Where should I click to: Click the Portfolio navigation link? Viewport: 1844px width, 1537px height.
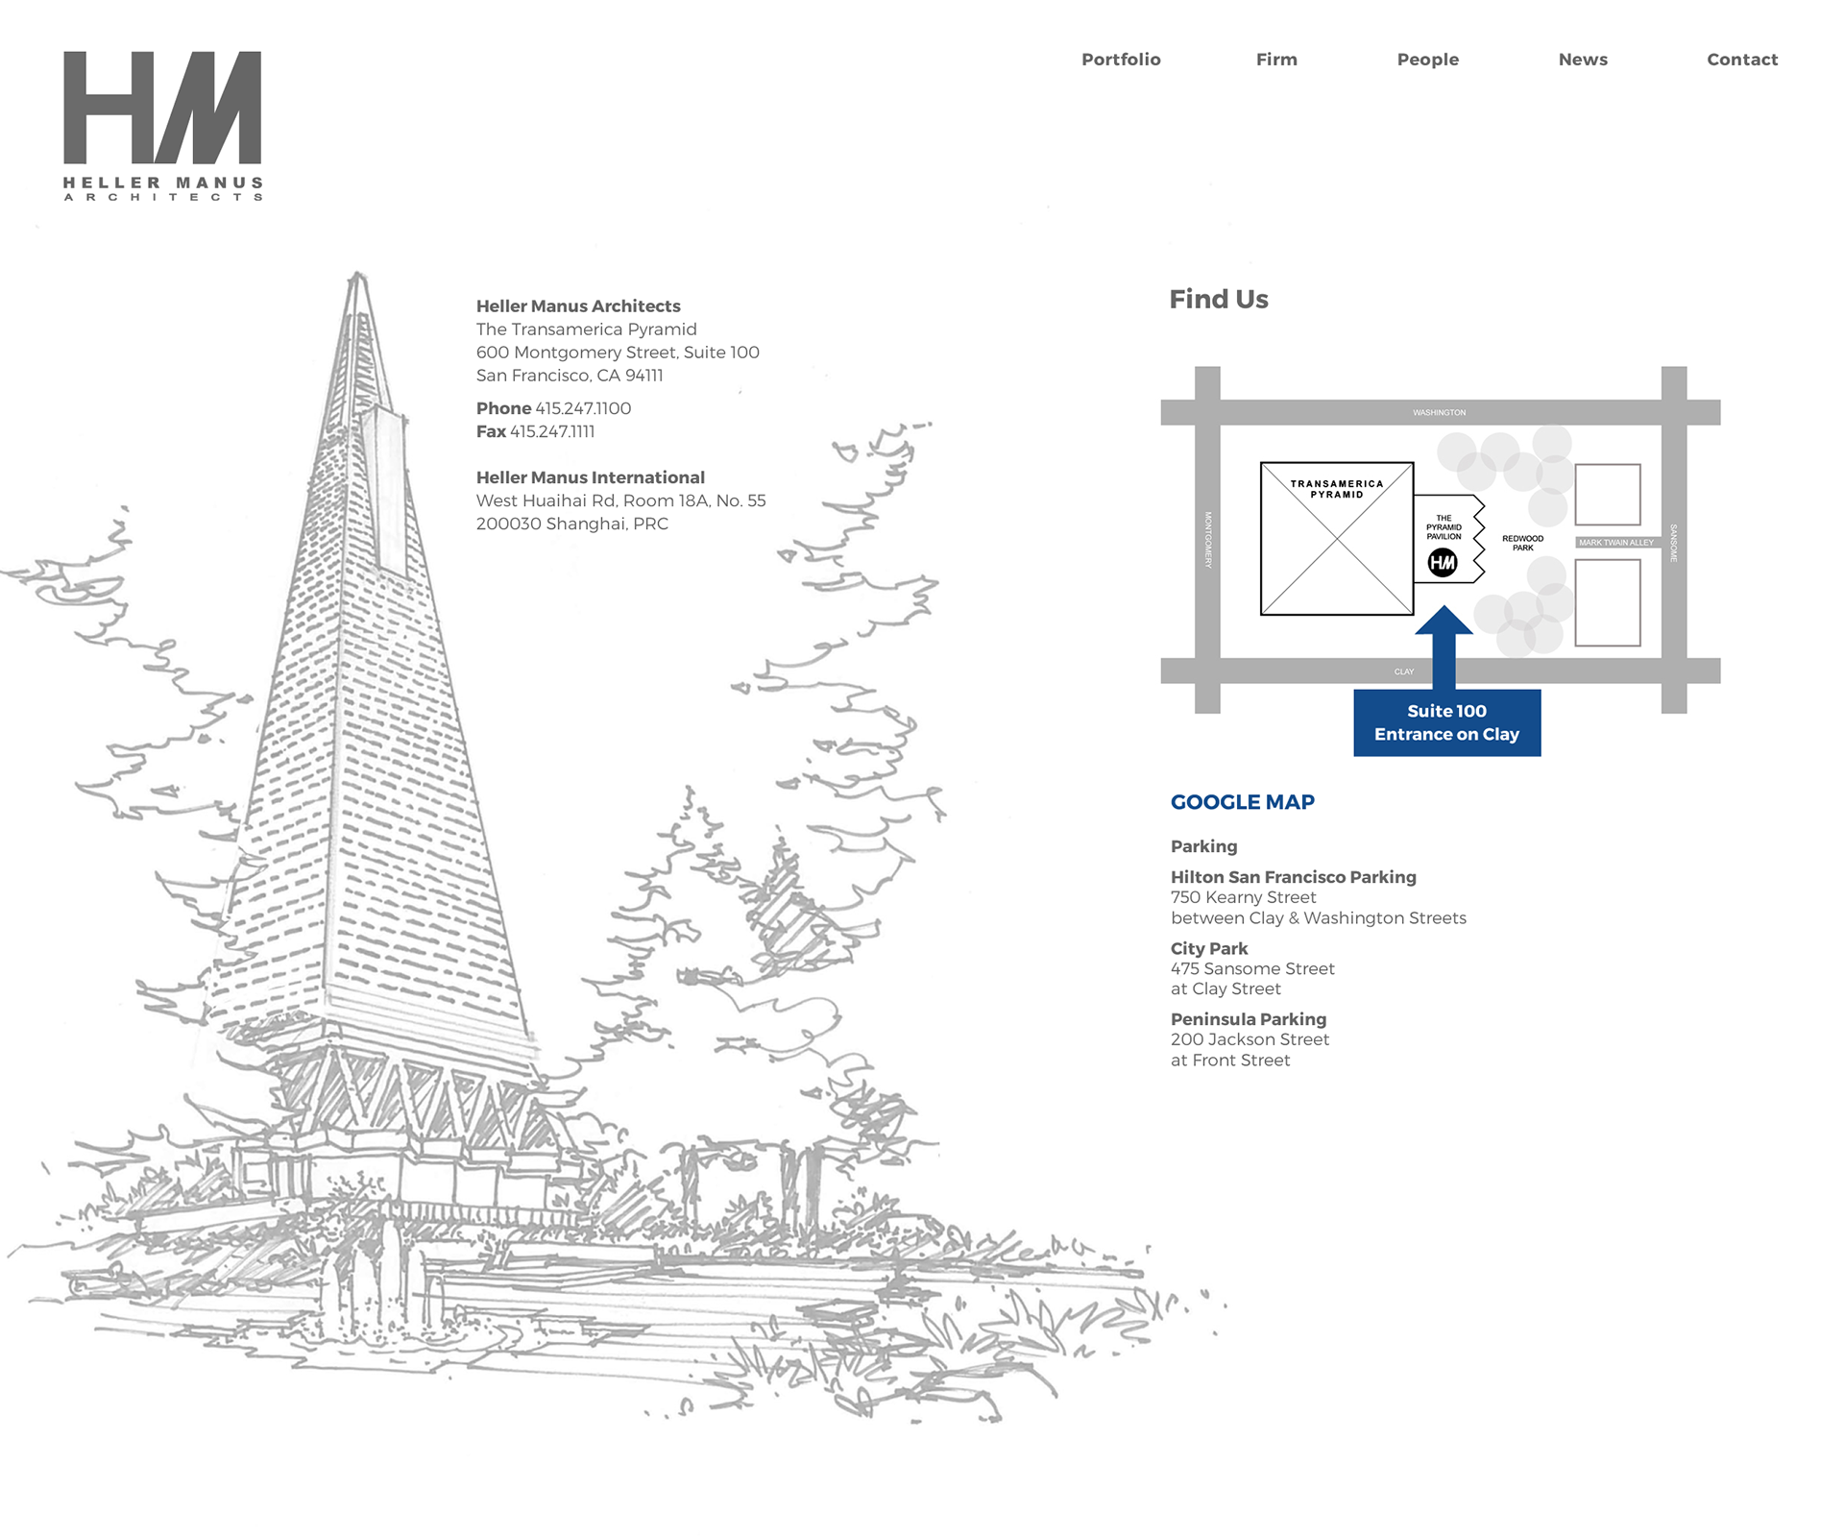[1121, 60]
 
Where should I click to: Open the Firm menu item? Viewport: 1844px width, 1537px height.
[1276, 60]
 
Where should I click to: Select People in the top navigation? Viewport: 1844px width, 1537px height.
[1427, 60]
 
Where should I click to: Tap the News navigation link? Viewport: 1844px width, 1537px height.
[1583, 60]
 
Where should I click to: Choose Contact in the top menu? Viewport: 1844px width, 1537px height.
[1742, 60]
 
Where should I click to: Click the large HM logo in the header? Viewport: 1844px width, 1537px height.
[162, 108]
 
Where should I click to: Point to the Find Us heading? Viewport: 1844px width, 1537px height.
[1218, 300]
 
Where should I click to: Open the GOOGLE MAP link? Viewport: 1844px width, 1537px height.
[1242, 802]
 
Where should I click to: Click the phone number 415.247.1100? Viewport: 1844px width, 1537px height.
[583, 408]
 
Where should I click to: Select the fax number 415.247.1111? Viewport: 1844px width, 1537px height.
[552, 431]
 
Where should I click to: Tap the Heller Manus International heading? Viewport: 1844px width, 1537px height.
[590, 477]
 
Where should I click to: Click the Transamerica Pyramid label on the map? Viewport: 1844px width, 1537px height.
[1337, 489]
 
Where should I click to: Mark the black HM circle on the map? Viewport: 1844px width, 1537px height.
[1443, 563]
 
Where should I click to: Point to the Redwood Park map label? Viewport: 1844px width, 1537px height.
[1522, 543]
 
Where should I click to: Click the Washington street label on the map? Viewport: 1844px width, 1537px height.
[1439, 413]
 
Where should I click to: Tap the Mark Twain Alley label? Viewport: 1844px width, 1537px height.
[1616, 543]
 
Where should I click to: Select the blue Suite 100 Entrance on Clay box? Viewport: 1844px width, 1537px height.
[1446, 722]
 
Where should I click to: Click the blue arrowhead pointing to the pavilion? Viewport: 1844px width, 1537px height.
[1444, 622]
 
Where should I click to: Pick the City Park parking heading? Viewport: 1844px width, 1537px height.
[1208, 948]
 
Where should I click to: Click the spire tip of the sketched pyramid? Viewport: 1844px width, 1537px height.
[357, 276]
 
